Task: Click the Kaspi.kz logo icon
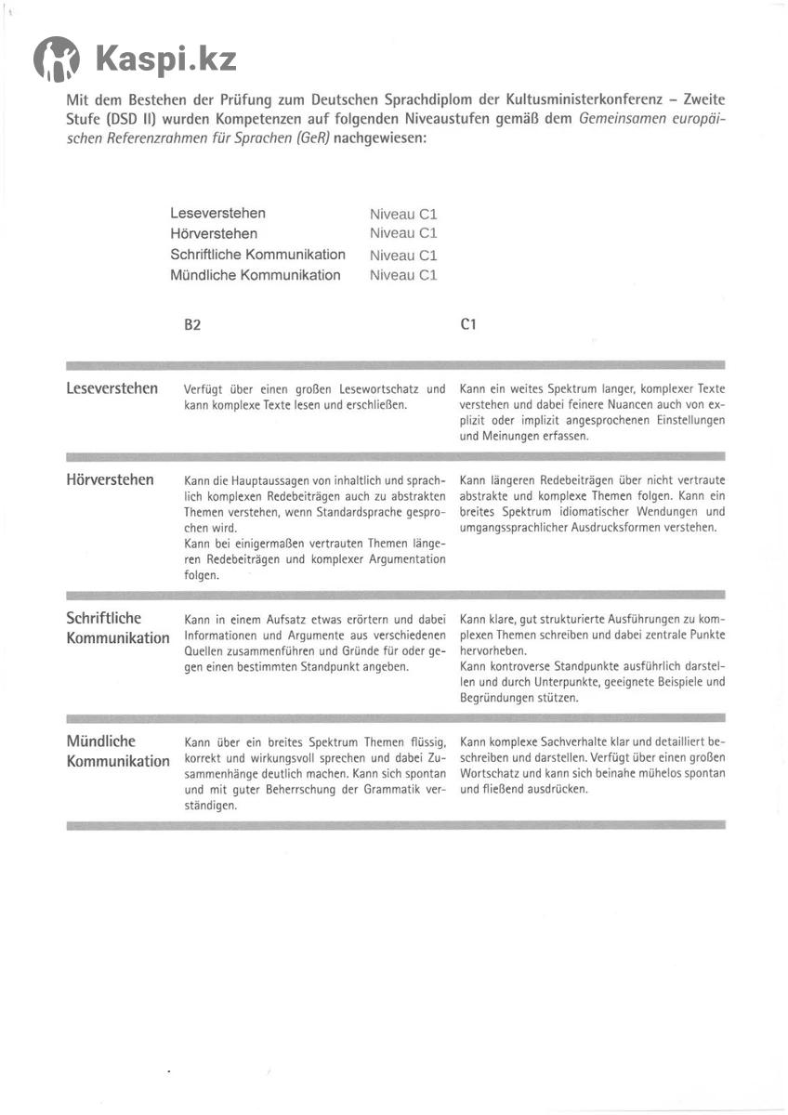point(56,60)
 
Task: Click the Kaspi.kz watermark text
point(165,60)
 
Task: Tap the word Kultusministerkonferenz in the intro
point(618,99)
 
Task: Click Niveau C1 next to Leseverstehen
point(403,214)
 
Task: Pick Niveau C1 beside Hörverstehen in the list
point(403,233)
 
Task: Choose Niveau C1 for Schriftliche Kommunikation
point(403,256)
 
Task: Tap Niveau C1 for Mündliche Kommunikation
point(403,275)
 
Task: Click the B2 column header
point(192,325)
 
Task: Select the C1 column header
point(468,324)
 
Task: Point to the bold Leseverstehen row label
point(112,388)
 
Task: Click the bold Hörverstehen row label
point(111,480)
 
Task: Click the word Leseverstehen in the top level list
point(217,214)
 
